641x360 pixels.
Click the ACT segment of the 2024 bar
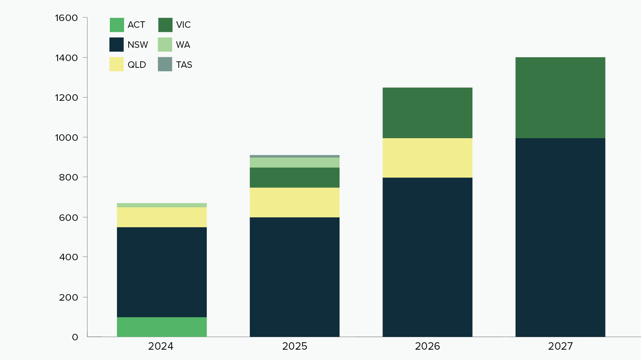tap(162, 327)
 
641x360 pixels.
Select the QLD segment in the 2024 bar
tap(162, 217)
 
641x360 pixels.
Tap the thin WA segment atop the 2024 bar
tap(162, 205)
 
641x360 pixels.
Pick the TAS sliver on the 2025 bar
tap(294, 156)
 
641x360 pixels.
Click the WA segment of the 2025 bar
tap(294, 162)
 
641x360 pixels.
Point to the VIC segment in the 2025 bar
tap(294, 177)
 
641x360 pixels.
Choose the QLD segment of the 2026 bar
tap(427, 158)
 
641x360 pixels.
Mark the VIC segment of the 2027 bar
tap(560, 98)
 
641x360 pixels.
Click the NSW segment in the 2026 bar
tap(427, 257)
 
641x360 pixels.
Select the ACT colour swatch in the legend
tap(117, 25)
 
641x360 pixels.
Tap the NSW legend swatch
tap(117, 45)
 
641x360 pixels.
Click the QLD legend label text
tap(137, 65)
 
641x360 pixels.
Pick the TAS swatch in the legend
tap(165, 64)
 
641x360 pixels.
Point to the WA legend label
tap(183, 45)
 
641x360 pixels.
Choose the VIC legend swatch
tap(165, 25)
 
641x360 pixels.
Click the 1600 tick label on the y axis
tap(66, 18)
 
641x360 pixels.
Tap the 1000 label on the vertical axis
tap(66, 138)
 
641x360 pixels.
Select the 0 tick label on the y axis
tap(75, 337)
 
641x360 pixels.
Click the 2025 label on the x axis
tap(295, 346)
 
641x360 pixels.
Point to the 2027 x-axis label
tap(560, 346)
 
